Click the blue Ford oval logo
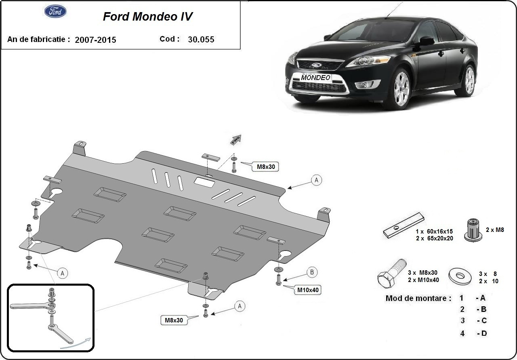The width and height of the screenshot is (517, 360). click(55, 12)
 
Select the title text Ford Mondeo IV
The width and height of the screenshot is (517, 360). click(147, 17)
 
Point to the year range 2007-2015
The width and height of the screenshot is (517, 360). click(95, 40)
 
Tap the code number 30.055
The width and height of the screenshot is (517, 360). click(201, 40)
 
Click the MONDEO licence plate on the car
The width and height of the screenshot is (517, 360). click(315, 78)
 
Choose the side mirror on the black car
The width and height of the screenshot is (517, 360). click(426, 41)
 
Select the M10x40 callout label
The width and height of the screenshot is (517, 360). click(309, 290)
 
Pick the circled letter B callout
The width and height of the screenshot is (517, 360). click(312, 272)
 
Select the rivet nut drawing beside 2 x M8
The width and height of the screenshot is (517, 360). click(474, 230)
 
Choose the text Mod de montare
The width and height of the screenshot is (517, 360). click(418, 299)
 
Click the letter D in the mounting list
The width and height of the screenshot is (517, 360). click(483, 333)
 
